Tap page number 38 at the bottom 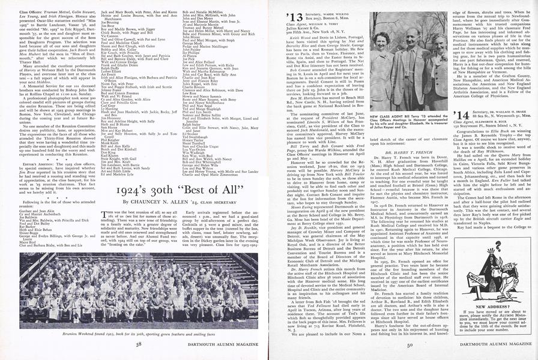coord(138,344)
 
